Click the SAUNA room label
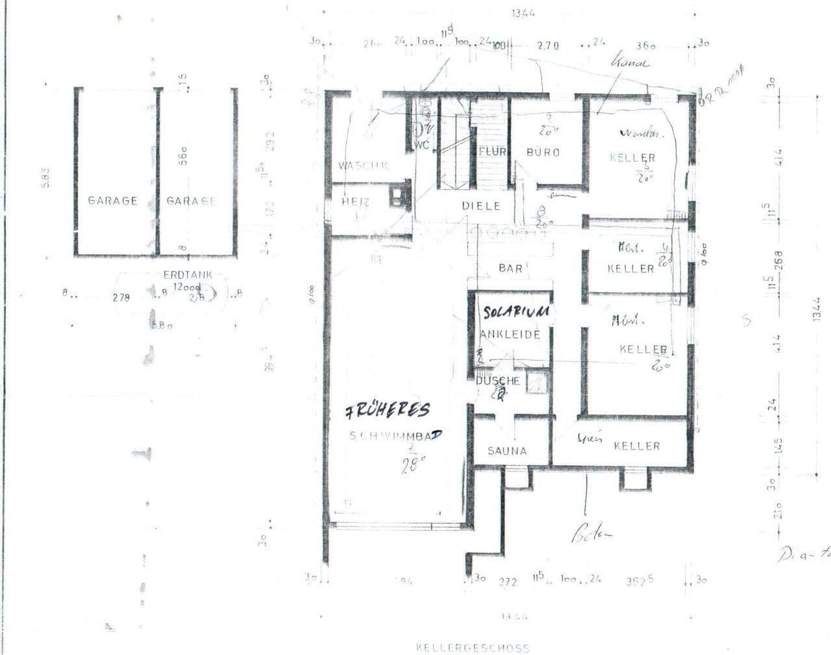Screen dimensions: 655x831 507,450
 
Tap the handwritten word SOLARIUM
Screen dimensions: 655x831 517,313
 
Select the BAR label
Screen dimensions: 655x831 511,268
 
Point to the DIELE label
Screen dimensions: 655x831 481,205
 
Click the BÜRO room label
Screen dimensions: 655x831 543,152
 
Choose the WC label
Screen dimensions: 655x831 421,146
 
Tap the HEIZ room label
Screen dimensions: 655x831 355,202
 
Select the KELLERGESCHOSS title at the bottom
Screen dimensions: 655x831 473,647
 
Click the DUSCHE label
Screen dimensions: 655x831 498,381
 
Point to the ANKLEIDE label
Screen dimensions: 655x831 510,335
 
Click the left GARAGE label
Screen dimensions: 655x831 112,201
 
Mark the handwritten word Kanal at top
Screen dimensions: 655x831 630,63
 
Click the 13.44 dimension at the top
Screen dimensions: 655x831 523,14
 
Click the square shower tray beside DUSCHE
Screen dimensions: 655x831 538,383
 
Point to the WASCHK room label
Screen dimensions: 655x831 363,166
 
